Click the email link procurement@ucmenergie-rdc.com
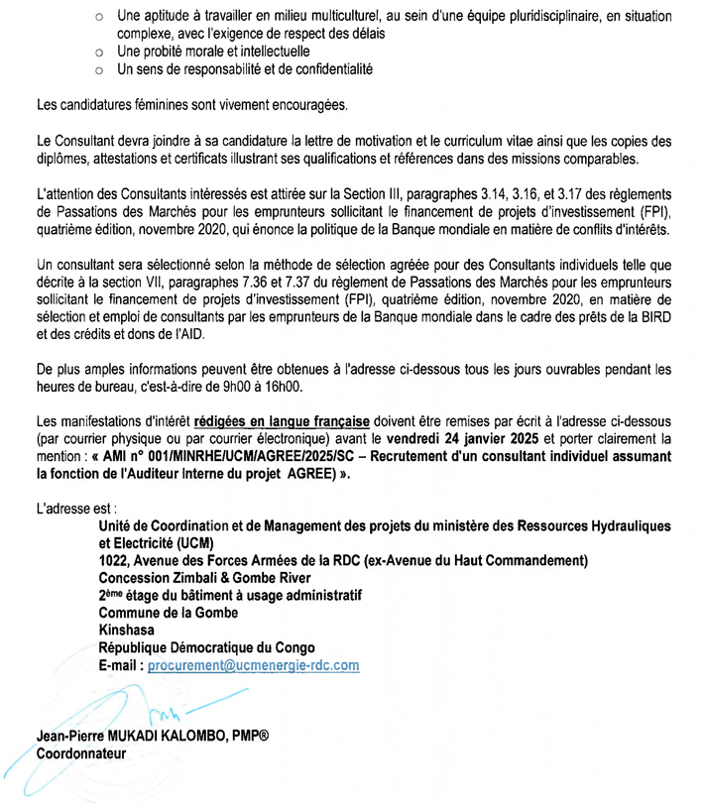tap(253, 666)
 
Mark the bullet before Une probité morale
tap(99, 51)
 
